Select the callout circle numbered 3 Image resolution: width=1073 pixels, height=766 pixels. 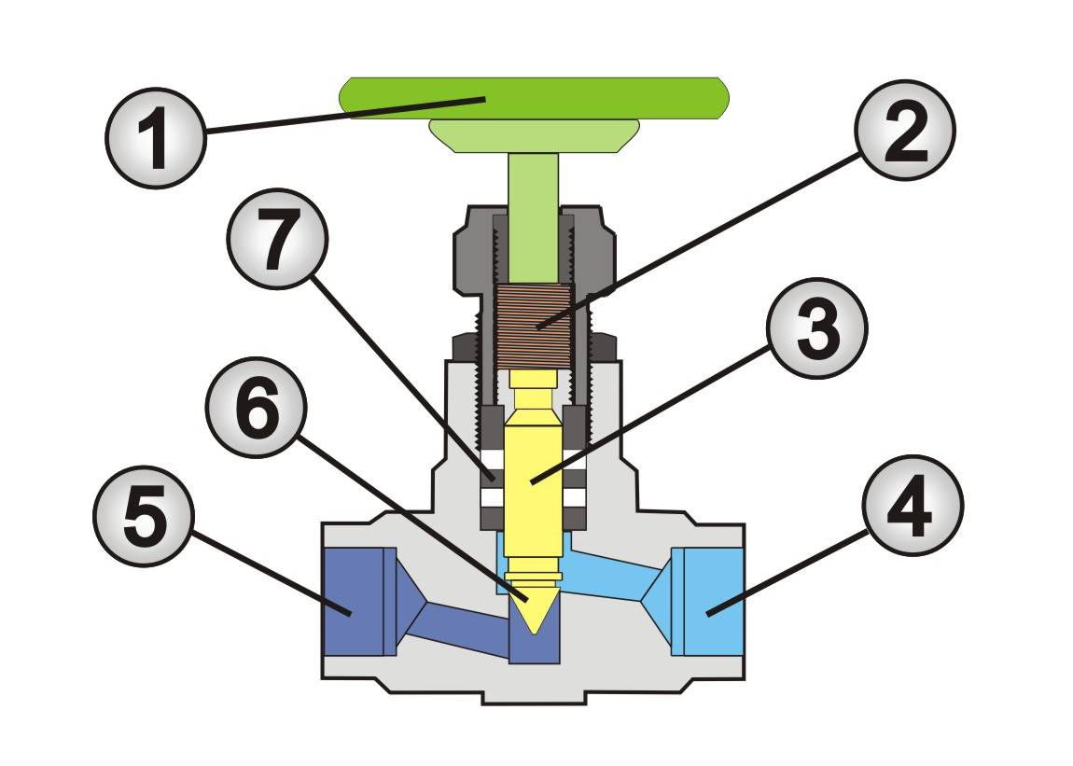(x=817, y=330)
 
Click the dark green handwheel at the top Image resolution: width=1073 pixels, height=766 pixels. (x=532, y=97)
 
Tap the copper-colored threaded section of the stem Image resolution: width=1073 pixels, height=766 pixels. (x=534, y=325)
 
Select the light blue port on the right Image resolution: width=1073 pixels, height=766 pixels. (x=713, y=602)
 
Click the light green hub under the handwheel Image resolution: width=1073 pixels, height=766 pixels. (x=534, y=135)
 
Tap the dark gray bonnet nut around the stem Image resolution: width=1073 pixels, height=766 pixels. (x=476, y=252)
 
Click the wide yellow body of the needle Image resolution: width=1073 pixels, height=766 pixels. (x=534, y=485)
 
